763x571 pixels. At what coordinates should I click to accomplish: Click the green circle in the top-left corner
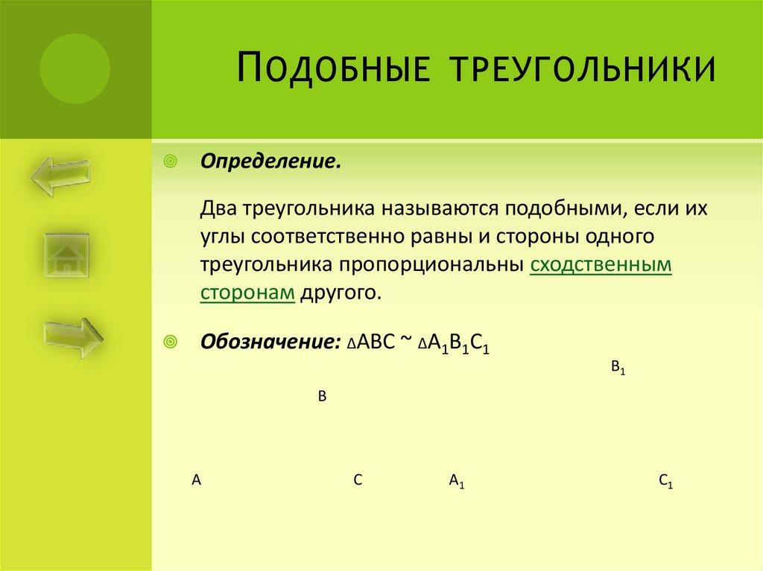pos(75,68)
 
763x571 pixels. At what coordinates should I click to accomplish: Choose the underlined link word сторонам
pos(248,292)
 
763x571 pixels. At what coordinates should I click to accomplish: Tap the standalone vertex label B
pos(323,398)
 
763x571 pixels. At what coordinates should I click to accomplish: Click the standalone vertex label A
pos(197,480)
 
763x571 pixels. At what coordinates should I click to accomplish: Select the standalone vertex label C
pos(358,480)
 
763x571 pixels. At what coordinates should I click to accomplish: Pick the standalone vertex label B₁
pos(617,367)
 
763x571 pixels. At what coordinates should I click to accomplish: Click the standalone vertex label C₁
pos(666,481)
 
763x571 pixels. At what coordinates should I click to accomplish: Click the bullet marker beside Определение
pos(170,161)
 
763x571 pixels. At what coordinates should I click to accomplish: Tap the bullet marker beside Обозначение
pos(170,342)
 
